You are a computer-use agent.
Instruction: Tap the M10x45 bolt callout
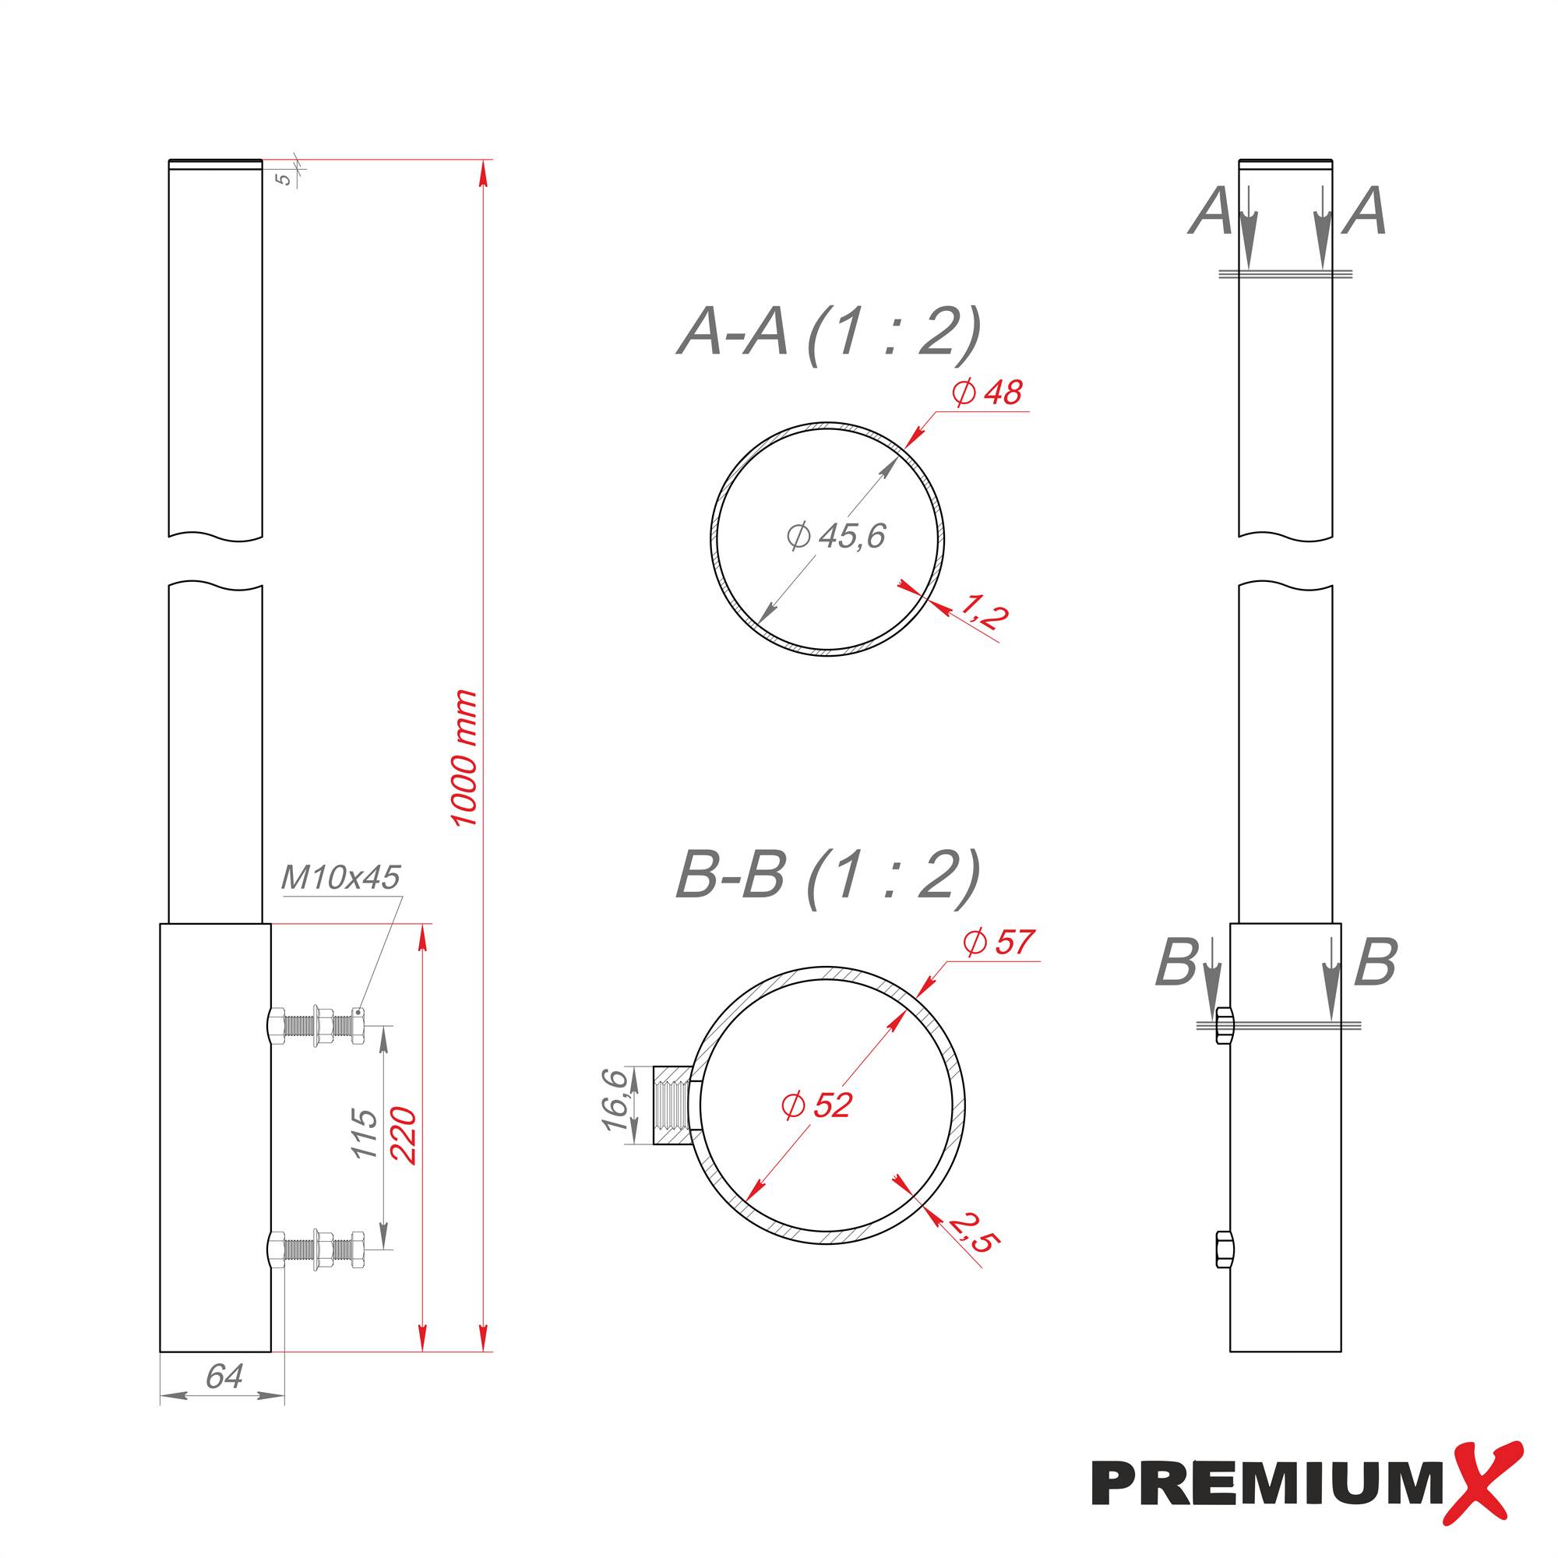click(x=340, y=877)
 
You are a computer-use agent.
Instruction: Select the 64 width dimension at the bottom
click(x=224, y=1376)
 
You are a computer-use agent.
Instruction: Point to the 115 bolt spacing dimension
click(x=365, y=1133)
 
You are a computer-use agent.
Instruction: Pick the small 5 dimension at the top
click(x=284, y=179)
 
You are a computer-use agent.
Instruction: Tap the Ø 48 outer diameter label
click(x=986, y=393)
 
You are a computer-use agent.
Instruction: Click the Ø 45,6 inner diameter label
click(x=835, y=535)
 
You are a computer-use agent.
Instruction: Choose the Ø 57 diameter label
click(x=998, y=942)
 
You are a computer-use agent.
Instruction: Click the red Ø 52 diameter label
click(x=816, y=1105)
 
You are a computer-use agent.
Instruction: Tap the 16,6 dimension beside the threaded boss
click(x=615, y=1100)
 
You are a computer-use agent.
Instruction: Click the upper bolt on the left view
click(x=316, y=1025)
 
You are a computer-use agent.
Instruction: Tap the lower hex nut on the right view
click(x=1221, y=1250)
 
